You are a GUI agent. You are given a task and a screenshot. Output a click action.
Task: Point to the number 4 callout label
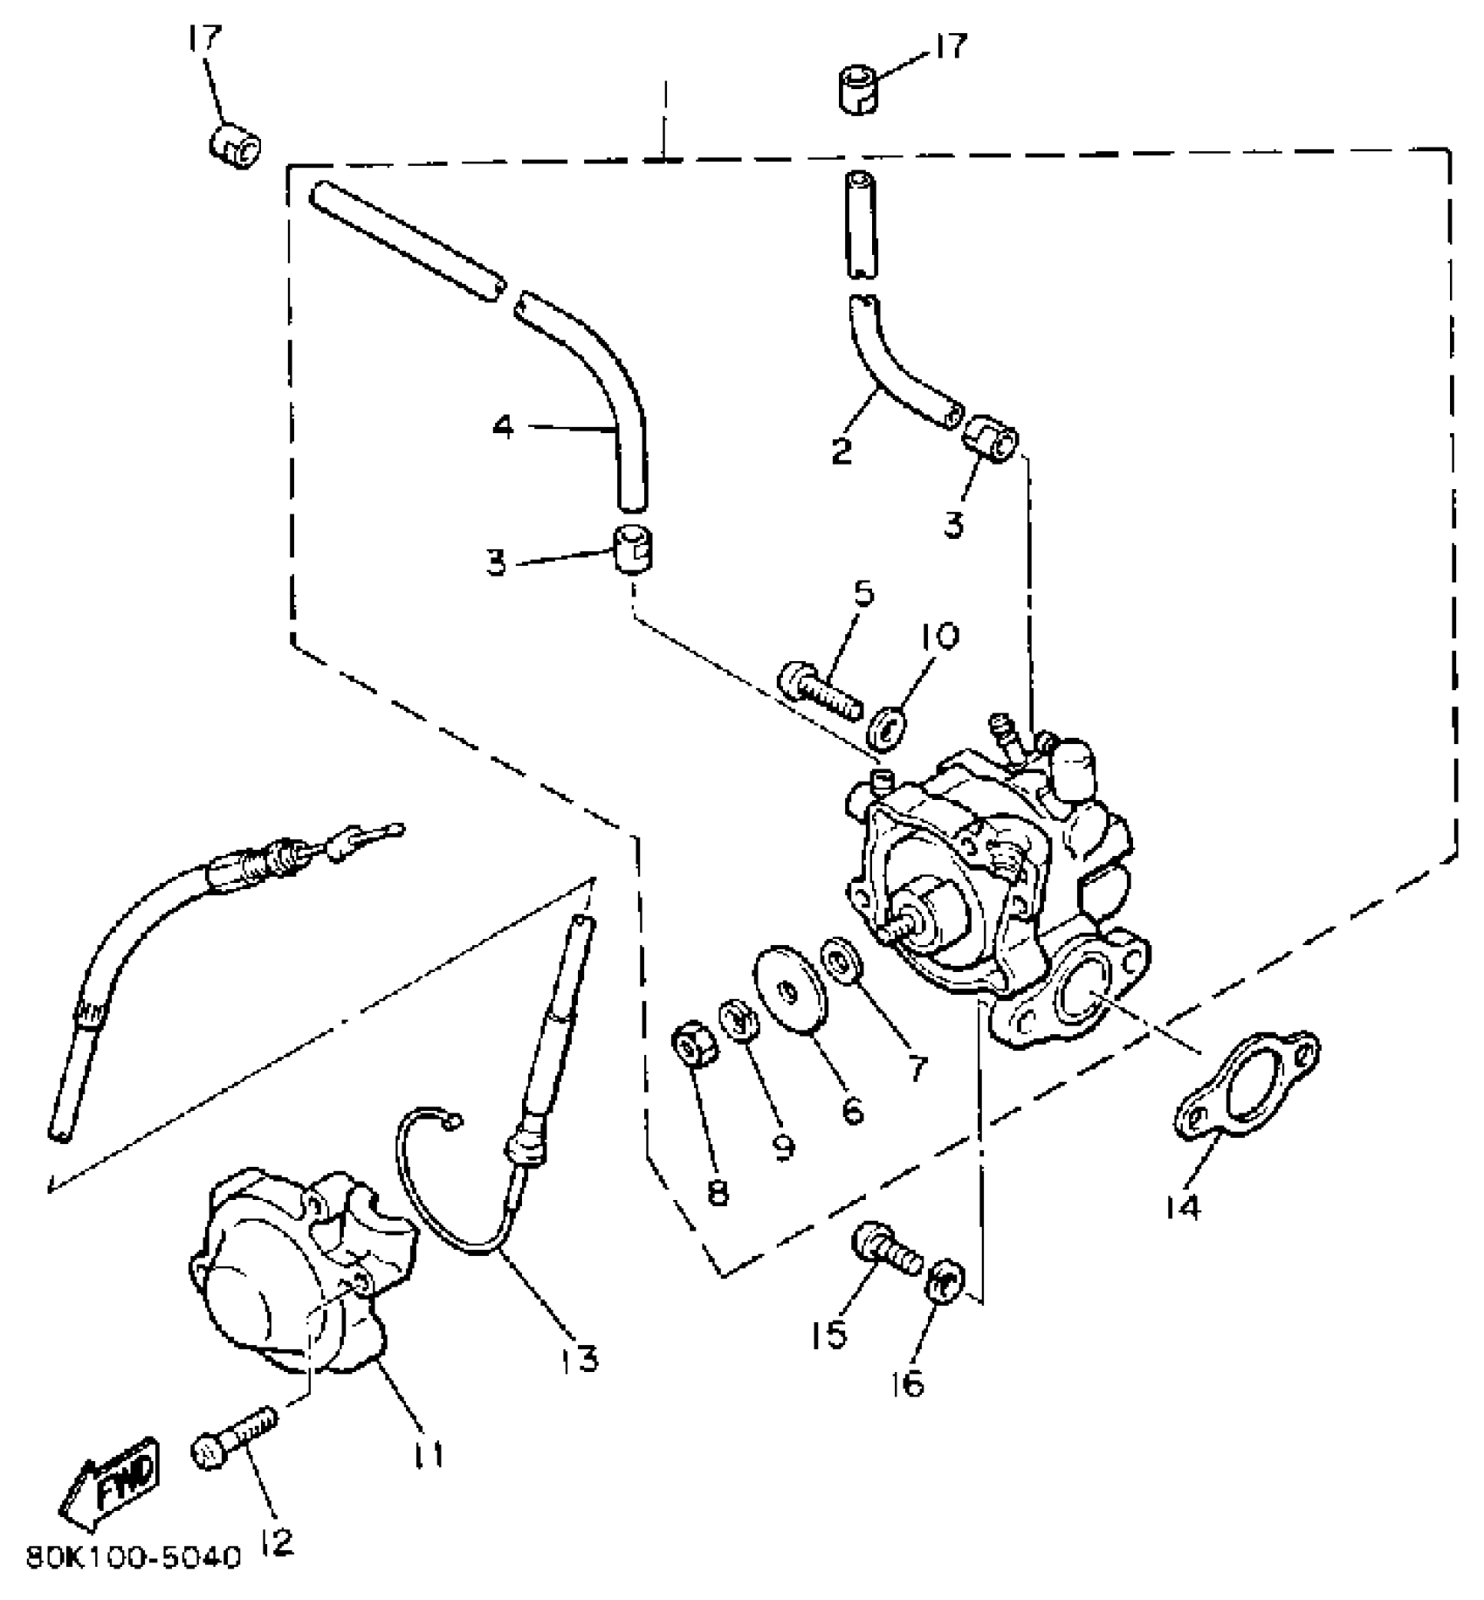click(x=504, y=428)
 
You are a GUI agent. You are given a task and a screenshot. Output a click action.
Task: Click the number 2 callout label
click(x=841, y=452)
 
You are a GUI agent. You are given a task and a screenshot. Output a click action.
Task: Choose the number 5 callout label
click(x=862, y=594)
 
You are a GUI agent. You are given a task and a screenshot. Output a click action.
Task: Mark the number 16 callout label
click(x=908, y=1384)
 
